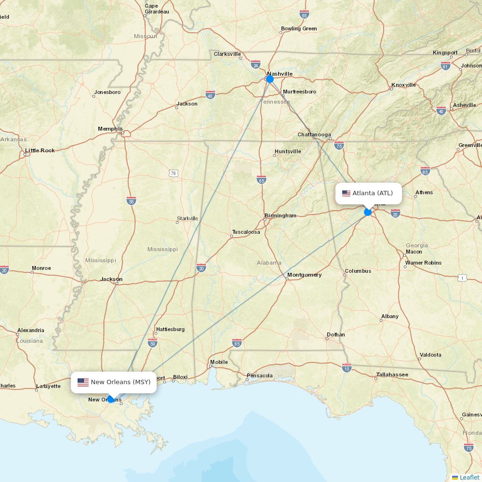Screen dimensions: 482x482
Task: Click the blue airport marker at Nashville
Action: pyautogui.click(x=270, y=79)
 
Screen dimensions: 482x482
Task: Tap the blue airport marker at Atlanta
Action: pyautogui.click(x=368, y=212)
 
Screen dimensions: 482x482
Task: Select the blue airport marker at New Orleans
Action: pyautogui.click(x=111, y=399)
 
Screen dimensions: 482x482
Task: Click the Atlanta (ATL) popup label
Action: pyautogui.click(x=372, y=193)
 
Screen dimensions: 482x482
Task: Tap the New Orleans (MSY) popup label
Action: pyautogui.click(x=120, y=382)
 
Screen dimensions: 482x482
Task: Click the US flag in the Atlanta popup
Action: pyautogui.click(x=346, y=193)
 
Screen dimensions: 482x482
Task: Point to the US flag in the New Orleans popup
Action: pyautogui.click(x=83, y=382)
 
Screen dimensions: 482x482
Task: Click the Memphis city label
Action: pyautogui.click(x=110, y=129)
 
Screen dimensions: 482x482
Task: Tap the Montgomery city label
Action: pyautogui.click(x=304, y=275)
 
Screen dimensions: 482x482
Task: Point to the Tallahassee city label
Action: pyautogui.click(x=392, y=375)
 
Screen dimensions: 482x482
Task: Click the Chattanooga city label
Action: pyautogui.click(x=314, y=134)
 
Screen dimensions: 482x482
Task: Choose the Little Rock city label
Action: pyautogui.click(x=40, y=150)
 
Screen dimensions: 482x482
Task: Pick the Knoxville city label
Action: pyautogui.click(x=403, y=85)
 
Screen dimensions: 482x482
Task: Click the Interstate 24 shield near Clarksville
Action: pyautogui.click(x=255, y=64)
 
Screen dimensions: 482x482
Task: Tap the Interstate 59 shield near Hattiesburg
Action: pyautogui.click(x=152, y=342)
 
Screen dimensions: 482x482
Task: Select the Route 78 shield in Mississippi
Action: pyautogui.click(x=173, y=173)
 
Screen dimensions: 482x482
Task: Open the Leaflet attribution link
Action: pyautogui.click(x=469, y=477)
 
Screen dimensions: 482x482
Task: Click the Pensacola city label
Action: pyautogui.click(x=259, y=375)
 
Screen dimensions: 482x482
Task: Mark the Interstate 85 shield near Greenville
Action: pyautogui.click(x=425, y=171)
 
